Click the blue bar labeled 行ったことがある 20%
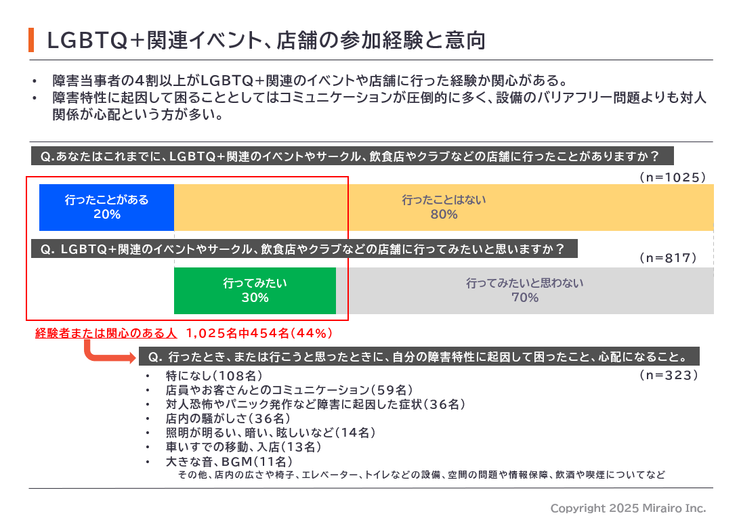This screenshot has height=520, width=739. tap(106, 207)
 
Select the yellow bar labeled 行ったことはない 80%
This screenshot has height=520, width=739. tap(444, 207)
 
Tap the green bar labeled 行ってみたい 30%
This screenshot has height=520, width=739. tap(255, 290)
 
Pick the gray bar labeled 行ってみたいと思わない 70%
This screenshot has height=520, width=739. tap(524, 290)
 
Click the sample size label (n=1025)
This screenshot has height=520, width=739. tap(673, 177)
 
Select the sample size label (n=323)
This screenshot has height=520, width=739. tap(669, 374)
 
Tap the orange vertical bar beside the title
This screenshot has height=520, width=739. tap(31, 41)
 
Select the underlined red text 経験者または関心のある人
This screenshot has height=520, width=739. tap(106, 333)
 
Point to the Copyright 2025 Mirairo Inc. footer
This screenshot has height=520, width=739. tap(628, 508)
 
